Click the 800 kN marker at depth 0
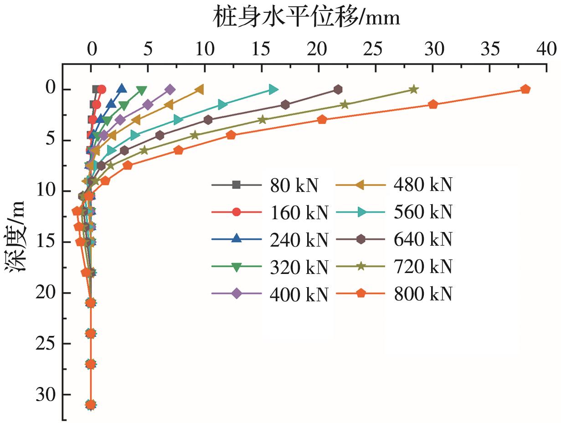click(x=525, y=89)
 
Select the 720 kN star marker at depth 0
click(x=414, y=89)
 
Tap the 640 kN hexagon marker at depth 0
click(x=338, y=89)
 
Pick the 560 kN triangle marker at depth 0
click(x=273, y=89)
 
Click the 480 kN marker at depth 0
click(x=199, y=89)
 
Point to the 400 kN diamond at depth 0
click(x=170, y=89)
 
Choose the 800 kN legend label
click(x=395, y=294)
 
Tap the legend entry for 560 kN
click(x=395, y=212)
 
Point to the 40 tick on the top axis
click(x=546, y=49)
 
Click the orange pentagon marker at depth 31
click(x=91, y=404)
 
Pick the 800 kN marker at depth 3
click(x=322, y=119)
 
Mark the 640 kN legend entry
click(x=395, y=240)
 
